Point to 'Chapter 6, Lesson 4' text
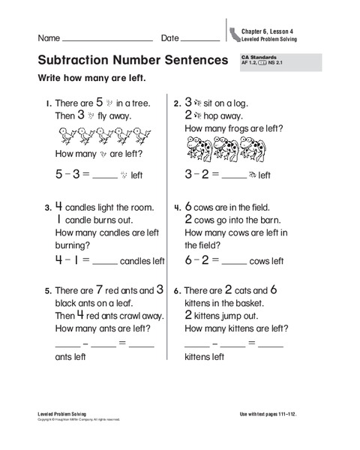[267, 31]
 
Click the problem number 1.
[47, 104]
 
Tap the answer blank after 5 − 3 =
[106, 177]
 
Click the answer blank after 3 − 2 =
[234, 177]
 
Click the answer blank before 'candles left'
[106, 262]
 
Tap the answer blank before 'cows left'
[234, 262]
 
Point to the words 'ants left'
[71, 357]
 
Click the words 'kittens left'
[205, 357]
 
